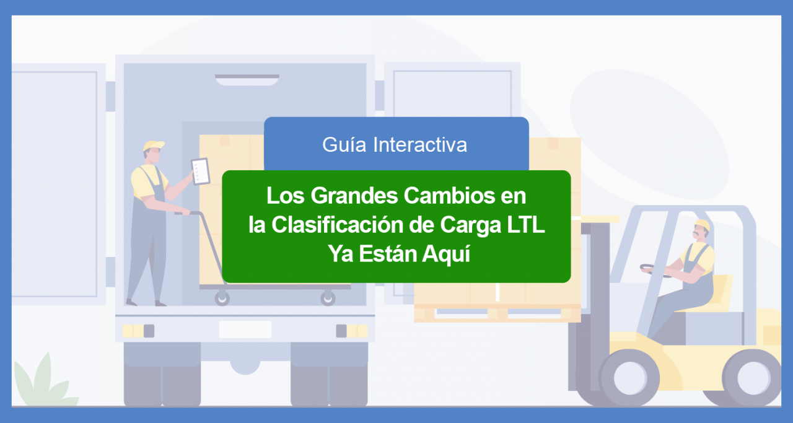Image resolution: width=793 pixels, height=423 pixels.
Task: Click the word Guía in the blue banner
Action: click(344, 145)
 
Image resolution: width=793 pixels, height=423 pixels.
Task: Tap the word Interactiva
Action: click(420, 145)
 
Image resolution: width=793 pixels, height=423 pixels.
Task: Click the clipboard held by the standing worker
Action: click(201, 172)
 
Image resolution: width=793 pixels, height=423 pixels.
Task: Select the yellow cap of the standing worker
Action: click(154, 146)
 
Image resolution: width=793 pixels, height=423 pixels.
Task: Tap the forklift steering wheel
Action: click(655, 271)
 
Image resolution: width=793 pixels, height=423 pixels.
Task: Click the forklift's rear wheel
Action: click(752, 378)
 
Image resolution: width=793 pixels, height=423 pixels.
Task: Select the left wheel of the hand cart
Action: click(222, 299)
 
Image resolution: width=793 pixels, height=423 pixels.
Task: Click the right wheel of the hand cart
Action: click(328, 299)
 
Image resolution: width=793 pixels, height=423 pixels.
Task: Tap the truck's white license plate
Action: click(245, 329)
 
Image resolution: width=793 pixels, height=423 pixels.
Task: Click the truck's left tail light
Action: click(138, 331)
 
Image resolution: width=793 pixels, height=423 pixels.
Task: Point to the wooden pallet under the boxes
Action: click(497, 313)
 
